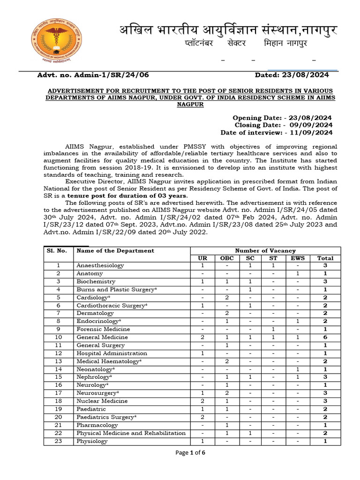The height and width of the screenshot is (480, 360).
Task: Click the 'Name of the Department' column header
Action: pyautogui.click(x=115, y=251)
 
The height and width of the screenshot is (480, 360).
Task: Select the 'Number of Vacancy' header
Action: pyautogui.click(x=265, y=251)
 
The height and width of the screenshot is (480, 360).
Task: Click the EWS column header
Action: pyautogui.click(x=298, y=258)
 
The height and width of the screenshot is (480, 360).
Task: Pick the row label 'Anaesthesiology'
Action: pyautogui.click(x=100, y=266)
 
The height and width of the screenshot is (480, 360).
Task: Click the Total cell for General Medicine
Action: pyautogui.click(x=325, y=337)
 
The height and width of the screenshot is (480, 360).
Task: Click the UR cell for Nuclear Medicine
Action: pyautogui.click(x=202, y=401)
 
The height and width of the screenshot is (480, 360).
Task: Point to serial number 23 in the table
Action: pyautogui.click(x=59, y=441)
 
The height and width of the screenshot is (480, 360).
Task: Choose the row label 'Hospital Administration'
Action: pyautogui.click(x=112, y=353)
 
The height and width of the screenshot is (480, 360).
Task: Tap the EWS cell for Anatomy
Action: pyautogui.click(x=298, y=274)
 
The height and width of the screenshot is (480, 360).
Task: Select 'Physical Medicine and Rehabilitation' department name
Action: pyautogui.click(x=131, y=433)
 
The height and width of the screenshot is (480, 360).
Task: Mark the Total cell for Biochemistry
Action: pyautogui.click(x=325, y=282)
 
